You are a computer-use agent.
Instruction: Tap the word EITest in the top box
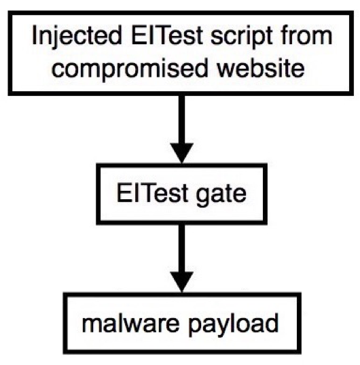pyautogui.click(x=167, y=35)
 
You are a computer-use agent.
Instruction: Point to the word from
pyautogui.click(x=306, y=35)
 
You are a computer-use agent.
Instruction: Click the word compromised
pyautogui.click(x=130, y=69)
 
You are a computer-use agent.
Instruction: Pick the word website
pyautogui.click(x=260, y=67)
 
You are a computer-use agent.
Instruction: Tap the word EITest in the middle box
pyautogui.click(x=152, y=192)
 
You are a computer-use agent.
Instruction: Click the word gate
pyautogui.click(x=221, y=195)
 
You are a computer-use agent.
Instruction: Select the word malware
pyautogui.click(x=130, y=323)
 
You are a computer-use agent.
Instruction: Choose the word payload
pyautogui.click(x=233, y=325)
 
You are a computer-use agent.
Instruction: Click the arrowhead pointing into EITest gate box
pyautogui.click(x=182, y=153)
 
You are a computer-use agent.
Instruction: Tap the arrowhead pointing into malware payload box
pyautogui.click(x=182, y=282)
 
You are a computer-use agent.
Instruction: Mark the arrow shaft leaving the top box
pyautogui.click(x=182, y=120)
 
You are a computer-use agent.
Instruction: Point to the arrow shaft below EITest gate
pyautogui.click(x=182, y=248)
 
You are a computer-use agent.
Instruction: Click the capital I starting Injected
pyautogui.click(x=34, y=35)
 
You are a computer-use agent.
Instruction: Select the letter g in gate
pyautogui.click(x=203, y=197)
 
